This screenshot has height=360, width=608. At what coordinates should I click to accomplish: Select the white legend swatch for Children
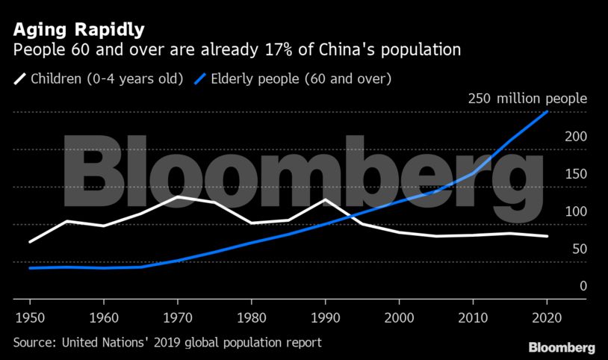(x=19, y=78)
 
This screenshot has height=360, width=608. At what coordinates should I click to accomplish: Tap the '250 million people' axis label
(x=527, y=99)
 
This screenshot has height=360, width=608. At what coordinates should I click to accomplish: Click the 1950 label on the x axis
(x=30, y=315)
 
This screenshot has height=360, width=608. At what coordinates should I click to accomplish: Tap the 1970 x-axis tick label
(x=178, y=315)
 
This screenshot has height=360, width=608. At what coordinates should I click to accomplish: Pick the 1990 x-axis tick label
(x=325, y=315)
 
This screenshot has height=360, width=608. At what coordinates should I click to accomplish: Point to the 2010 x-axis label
(x=473, y=315)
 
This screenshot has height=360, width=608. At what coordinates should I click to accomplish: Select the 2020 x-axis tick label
(x=547, y=315)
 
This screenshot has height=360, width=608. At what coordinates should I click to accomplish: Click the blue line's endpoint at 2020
(x=547, y=112)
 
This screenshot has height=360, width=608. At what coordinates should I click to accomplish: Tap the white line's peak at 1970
(x=178, y=196)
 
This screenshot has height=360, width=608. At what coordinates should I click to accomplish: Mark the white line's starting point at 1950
(x=30, y=242)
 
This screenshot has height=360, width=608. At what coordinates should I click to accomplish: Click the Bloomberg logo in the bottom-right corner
(x=562, y=347)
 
